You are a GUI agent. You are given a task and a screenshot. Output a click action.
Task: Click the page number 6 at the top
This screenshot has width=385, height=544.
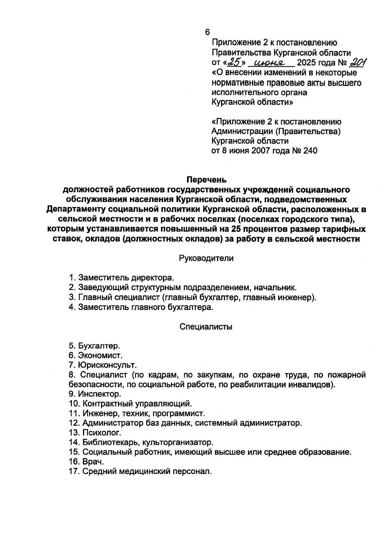pos(207,32)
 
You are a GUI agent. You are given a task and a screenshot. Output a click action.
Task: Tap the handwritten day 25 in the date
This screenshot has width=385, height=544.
pos(235,62)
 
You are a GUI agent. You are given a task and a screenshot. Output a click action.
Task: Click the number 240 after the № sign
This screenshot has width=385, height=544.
pos(309,151)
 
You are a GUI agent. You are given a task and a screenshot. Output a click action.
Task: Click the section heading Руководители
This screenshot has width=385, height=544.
pos(206,258)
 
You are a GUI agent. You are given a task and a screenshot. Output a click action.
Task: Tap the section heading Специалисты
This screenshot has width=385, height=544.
pos(206,327)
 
